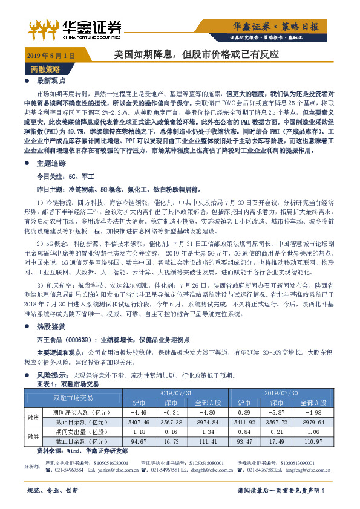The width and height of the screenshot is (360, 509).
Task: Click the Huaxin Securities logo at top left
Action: [x=76, y=27]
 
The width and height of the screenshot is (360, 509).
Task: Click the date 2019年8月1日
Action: [x=50, y=55]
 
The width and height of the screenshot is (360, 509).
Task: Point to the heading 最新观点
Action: [x=50, y=80]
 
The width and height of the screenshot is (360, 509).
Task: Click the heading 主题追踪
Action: [x=50, y=163]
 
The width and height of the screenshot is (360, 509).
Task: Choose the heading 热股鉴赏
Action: [x=50, y=326]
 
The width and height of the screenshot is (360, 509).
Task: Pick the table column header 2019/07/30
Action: [x=283, y=393]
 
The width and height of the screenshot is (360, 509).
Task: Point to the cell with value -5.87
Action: [x=280, y=412]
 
